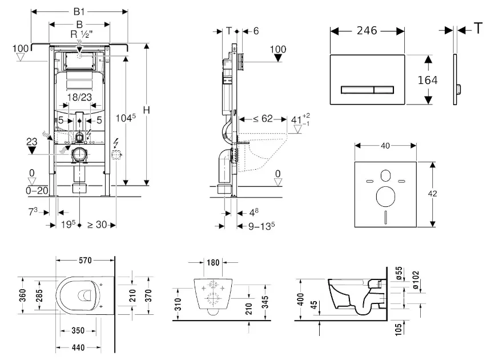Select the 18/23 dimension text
[x=80, y=98]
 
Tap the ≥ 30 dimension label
[x=98, y=225]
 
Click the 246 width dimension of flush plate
[x=367, y=30]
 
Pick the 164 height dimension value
[x=428, y=80]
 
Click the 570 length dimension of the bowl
[x=86, y=261]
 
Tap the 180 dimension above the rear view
[x=213, y=262]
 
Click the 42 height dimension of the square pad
[x=434, y=194]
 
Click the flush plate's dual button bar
[x=368, y=90]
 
